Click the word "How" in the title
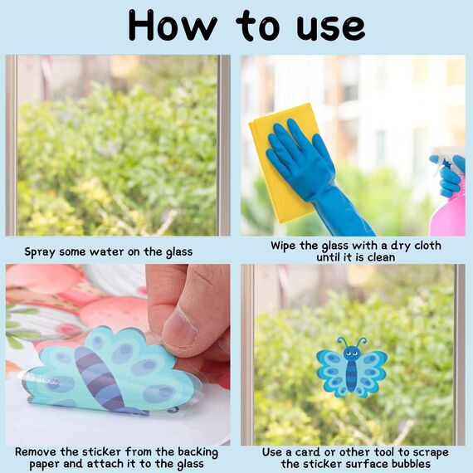173,25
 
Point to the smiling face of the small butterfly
352,353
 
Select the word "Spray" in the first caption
40,252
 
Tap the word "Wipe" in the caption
283,246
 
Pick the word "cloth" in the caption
427,246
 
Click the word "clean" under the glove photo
380,257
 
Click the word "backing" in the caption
197,453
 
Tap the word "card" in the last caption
307,452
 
